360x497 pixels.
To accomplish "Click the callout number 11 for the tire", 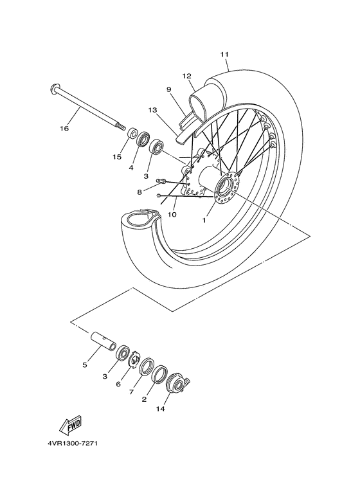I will coord(224,55).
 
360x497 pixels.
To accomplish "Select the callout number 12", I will coord(188,75).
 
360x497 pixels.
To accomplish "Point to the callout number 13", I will coord(152,110).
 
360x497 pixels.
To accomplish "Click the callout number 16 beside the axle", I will coord(64,129).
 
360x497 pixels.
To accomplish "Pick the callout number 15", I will coord(118,156).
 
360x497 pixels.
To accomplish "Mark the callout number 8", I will coord(139,192).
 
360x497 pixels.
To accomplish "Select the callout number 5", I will coord(84,365).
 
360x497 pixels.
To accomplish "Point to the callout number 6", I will coord(118,384).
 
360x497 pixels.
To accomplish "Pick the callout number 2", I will coord(144,399).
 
